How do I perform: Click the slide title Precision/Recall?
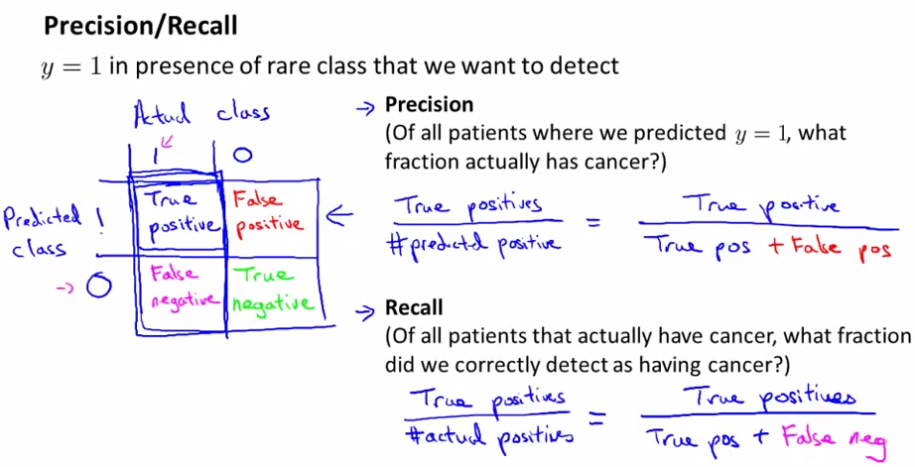140,26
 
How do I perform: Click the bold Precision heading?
429,104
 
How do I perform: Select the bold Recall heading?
414,307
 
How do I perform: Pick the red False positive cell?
268,214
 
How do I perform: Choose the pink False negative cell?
181,288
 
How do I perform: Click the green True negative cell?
273,290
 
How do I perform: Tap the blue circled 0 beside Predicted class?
98,287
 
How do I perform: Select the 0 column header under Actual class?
242,155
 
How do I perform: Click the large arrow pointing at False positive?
339,216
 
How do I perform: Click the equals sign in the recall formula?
597,417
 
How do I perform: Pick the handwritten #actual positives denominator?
489,435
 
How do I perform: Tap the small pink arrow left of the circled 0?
65,287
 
